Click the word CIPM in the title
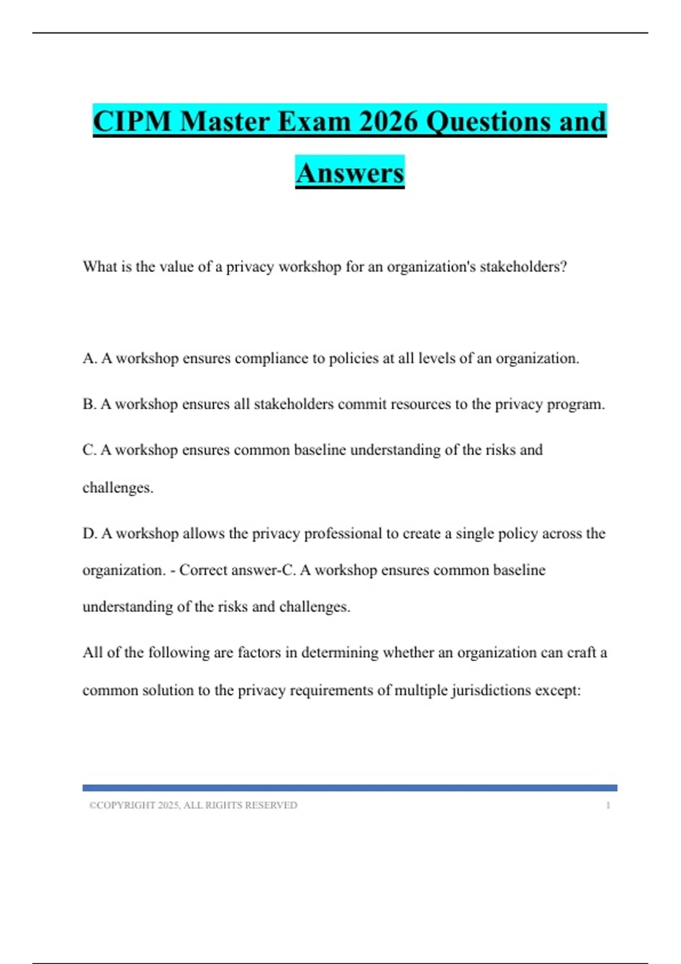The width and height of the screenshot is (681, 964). pyautogui.click(x=132, y=121)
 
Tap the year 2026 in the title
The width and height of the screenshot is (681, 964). pyautogui.click(x=388, y=121)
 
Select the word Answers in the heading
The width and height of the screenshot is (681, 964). pyautogui.click(x=350, y=173)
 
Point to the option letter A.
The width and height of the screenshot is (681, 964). pyautogui.click(x=89, y=358)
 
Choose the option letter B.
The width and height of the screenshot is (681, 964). pyautogui.click(x=89, y=404)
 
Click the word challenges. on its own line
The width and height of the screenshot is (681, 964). pyautogui.click(x=118, y=488)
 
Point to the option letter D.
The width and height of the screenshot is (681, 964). pyautogui.click(x=89, y=534)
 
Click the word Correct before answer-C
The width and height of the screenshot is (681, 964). pyautogui.click(x=202, y=570)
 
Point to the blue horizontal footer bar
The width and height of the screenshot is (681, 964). pyautogui.click(x=350, y=788)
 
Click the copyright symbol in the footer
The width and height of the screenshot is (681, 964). pyautogui.click(x=92, y=805)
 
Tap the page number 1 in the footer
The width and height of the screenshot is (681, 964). pyautogui.click(x=608, y=805)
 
